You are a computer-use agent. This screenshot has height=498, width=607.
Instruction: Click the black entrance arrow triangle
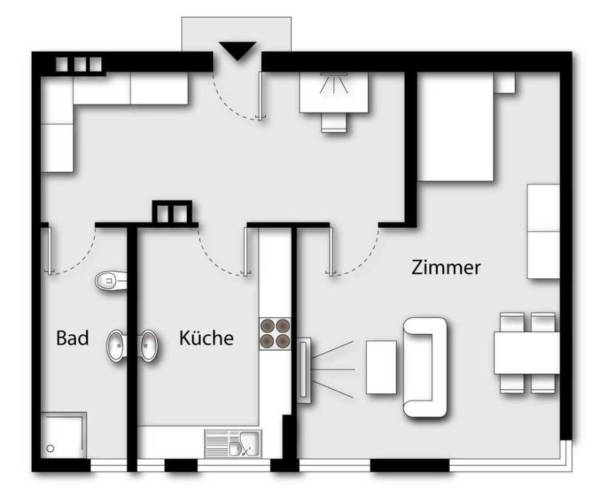(x=237, y=50)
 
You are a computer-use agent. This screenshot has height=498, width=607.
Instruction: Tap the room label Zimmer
(x=446, y=267)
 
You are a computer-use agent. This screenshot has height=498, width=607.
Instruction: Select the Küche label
(x=206, y=337)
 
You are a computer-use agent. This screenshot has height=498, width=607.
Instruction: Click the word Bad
(x=72, y=337)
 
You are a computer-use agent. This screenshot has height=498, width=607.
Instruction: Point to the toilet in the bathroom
(x=111, y=280)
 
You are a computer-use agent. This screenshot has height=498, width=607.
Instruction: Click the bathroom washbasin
(x=115, y=345)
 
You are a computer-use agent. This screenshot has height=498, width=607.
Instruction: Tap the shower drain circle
(x=50, y=449)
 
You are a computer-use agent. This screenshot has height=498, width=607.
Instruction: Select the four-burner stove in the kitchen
(x=275, y=334)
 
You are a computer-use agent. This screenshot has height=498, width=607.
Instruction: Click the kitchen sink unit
(x=233, y=443)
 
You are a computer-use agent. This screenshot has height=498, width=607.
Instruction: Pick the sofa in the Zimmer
(x=425, y=368)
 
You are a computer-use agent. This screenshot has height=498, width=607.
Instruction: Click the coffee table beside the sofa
(x=381, y=367)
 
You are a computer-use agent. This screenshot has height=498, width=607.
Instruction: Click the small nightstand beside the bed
(x=504, y=82)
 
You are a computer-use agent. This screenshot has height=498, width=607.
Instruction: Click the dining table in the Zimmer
(x=527, y=353)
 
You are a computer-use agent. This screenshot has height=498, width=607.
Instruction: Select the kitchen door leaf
(x=246, y=251)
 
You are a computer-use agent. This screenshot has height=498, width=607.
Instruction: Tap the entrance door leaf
(x=261, y=95)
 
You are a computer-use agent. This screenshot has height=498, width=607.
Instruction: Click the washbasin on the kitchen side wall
(x=149, y=345)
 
